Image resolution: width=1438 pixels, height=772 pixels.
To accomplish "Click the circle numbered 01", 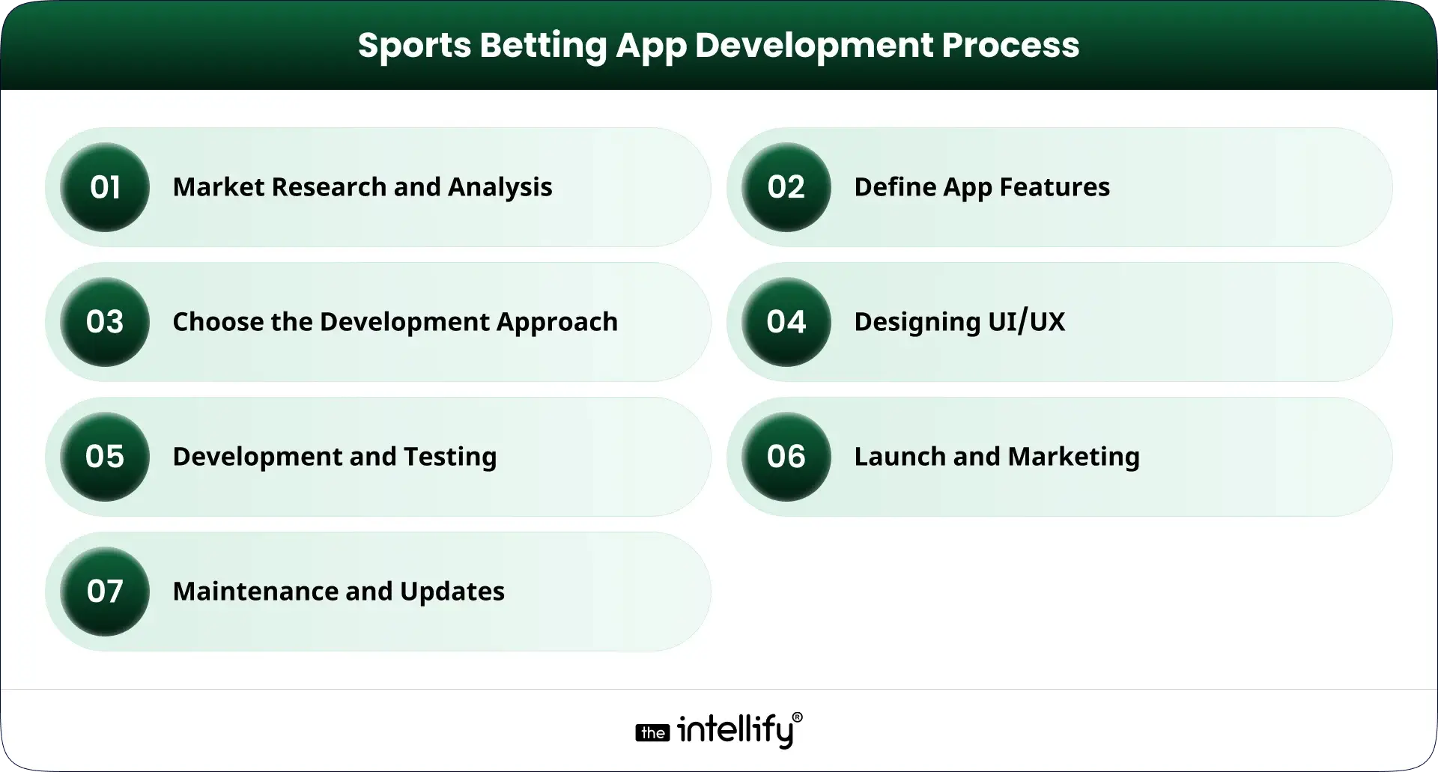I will tap(105, 187).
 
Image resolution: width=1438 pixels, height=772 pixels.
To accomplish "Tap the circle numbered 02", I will tap(786, 187).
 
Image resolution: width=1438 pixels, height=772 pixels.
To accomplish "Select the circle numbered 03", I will tap(105, 322).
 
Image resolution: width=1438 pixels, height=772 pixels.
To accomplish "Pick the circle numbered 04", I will tap(786, 322).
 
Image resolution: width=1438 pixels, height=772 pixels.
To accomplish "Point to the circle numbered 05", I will tap(105, 457).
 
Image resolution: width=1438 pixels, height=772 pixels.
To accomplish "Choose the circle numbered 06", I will tap(786, 457).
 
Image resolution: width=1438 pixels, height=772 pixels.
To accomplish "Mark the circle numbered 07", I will tap(105, 592).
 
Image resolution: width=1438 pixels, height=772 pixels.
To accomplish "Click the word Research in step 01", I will tap(328, 187).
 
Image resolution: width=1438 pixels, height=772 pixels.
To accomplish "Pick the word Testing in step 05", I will tap(449, 458).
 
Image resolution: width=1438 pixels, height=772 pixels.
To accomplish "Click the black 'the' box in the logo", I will tap(652, 733).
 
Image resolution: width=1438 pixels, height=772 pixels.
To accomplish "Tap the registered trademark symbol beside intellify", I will tap(797, 717).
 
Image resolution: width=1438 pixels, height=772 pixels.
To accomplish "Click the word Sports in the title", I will tap(413, 46).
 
